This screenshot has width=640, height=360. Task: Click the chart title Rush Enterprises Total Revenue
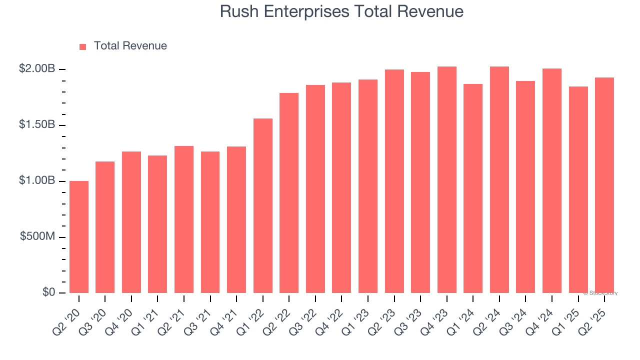341,11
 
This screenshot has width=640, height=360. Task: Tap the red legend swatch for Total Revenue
83,46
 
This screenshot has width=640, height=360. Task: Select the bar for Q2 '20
79,237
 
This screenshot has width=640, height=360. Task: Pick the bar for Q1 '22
263,205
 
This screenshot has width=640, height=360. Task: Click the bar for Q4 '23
446,179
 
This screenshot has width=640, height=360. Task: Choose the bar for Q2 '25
604,185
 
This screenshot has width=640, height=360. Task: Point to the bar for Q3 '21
210,222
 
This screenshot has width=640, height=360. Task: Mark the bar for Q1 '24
473,188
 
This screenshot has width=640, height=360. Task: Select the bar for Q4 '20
131,222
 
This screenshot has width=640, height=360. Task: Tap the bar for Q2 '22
289,193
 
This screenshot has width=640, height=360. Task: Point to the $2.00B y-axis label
37,69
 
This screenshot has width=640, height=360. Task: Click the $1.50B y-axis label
37,124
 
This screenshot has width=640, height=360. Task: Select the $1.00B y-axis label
37,180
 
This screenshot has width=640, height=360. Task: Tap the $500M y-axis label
37,236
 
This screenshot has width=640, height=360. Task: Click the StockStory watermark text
600,293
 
